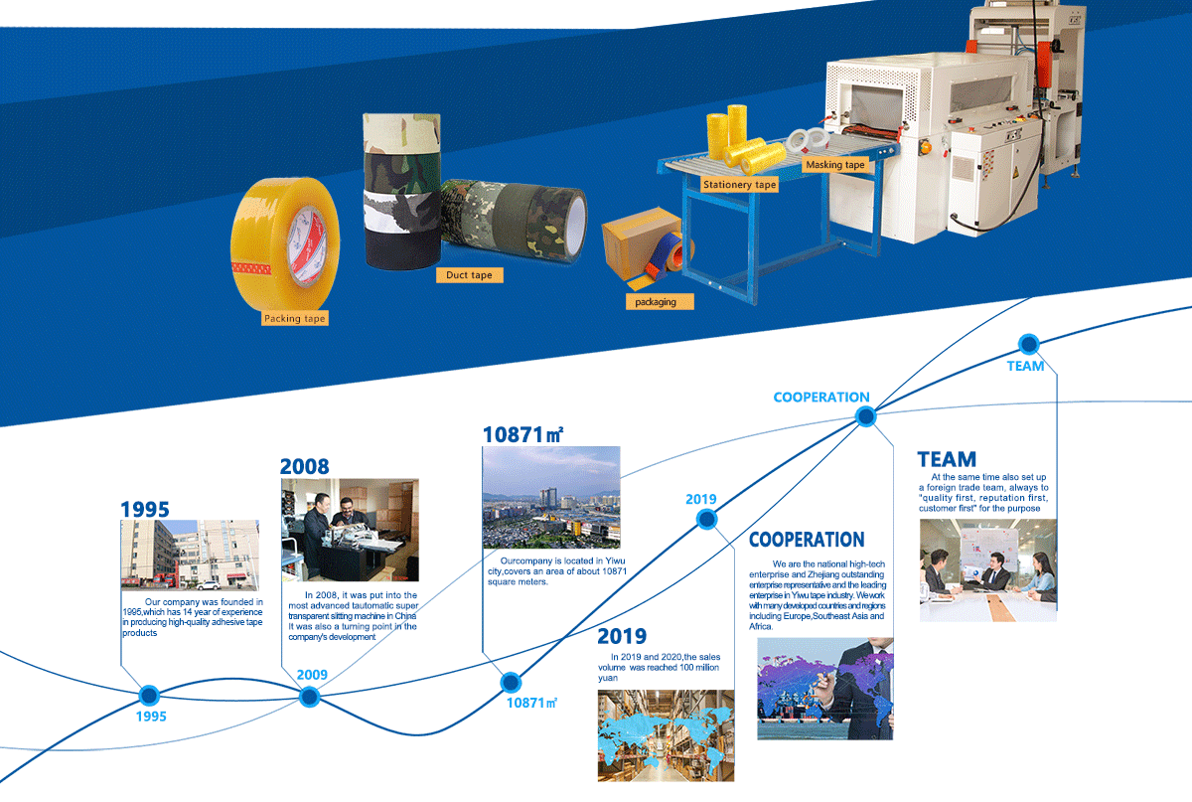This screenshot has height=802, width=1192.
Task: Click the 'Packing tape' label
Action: (x=294, y=318)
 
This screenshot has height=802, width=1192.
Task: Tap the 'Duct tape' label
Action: (x=469, y=275)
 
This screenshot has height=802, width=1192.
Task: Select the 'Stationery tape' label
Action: (x=739, y=184)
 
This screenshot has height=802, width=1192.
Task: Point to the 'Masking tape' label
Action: (x=835, y=165)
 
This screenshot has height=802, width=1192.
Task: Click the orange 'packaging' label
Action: (x=660, y=301)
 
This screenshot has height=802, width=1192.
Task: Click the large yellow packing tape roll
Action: (x=285, y=244)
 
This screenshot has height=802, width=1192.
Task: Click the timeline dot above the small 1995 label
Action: (x=149, y=695)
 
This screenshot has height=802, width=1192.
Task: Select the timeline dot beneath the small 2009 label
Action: (x=309, y=697)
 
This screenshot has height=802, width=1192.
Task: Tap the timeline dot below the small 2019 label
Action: (x=706, y=519)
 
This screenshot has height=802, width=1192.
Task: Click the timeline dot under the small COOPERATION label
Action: (x=866, y=416)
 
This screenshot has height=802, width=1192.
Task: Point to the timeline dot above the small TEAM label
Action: (x=1029, y=344)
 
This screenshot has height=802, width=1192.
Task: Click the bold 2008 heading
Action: (x=304, y=466)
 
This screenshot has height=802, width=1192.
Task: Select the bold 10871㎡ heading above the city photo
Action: (x=522, y=434)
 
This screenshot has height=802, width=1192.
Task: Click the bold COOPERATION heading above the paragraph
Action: (x=807, y=540)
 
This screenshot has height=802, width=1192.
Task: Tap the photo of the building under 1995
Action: (x=190, y=556)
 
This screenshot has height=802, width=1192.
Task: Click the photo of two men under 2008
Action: (x=350, y=530)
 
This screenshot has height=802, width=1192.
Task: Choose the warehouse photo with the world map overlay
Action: (x=666, y=735)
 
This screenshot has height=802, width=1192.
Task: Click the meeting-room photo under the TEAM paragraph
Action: (x=988, y=570)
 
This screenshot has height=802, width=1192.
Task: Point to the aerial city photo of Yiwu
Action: (x=551, y=497)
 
